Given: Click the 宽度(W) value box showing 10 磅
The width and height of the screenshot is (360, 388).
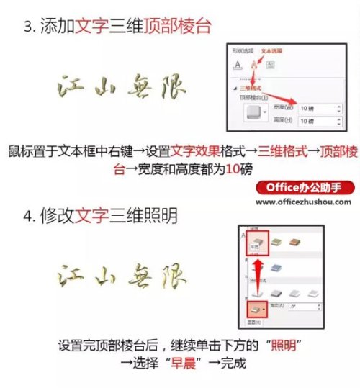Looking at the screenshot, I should pos(317,108).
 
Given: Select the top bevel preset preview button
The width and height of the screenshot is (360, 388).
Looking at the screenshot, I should pos(252,114).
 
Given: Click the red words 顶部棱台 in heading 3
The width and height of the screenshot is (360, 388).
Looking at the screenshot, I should pos(181,28).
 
